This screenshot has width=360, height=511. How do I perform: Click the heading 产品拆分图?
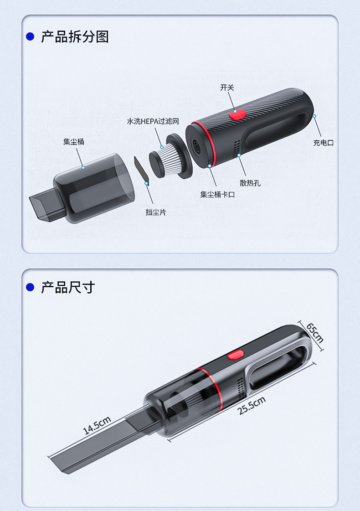[x=75, y=37]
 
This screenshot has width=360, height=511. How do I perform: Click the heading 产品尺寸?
[x=68, y=288]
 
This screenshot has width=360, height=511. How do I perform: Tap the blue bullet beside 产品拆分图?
[x=30, y=36]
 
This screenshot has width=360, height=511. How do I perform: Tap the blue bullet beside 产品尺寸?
[x=30, y=287]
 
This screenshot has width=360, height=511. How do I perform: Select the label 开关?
[x=227, y=88]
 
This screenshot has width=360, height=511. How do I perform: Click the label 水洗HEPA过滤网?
[x=153, y=122]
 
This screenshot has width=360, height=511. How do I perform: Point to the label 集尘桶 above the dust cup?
[x=74, y=142]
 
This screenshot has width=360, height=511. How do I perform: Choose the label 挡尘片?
[x=156, y=212]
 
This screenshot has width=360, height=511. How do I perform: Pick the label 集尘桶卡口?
[x=217, y=195]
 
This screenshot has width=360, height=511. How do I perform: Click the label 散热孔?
[x=250, y=183]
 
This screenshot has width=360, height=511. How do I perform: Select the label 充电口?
[x=324, y=143]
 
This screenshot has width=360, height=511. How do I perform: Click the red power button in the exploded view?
[x=237, y=114]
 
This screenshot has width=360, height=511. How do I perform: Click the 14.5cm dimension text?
[x=97, y=426]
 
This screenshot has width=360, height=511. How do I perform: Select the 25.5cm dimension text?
[x=252, y=405]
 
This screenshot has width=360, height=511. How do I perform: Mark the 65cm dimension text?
[x=315, y=333]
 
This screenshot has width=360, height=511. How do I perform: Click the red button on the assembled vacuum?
[x=236, y=355]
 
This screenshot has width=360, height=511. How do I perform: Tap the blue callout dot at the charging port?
[x=314, y=116]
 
